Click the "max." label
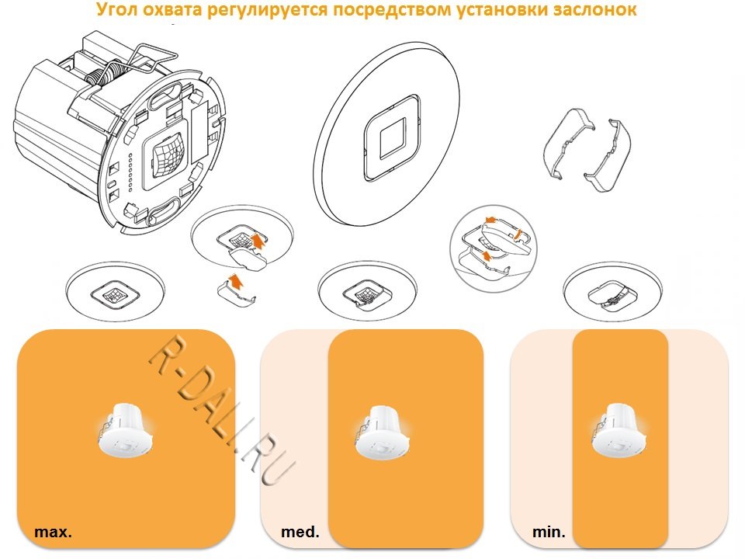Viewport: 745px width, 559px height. (54, 531)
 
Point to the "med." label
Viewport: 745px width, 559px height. (300, 531)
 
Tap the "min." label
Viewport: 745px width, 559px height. (549, 531)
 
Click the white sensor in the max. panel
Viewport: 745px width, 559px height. (126, 430)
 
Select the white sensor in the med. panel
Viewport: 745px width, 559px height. (383, 432)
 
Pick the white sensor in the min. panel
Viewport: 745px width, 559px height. (619, 430)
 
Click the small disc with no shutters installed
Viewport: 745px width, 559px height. (115, 291)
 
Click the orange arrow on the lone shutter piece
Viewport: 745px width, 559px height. (235, 282)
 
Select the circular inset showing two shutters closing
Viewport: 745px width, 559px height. (494, 248)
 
